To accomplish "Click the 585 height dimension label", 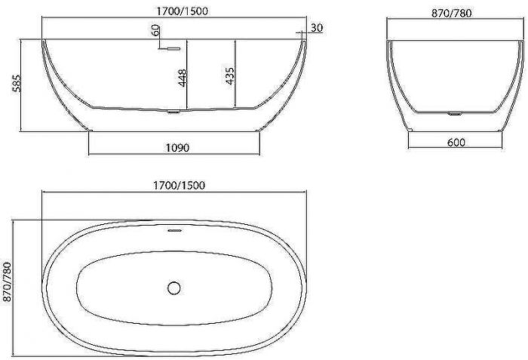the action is pyautogui.click(x=17, y=83).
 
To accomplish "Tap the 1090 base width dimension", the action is pyautogui.click(x=177, y=148).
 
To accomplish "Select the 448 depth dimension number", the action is pyautogui.click(x=183, y=78).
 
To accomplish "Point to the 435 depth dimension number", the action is pyautogui.click(x=230, y=75).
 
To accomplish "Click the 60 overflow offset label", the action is pyautogui.click(x=155, y=30).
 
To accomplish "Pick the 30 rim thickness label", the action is pyautogui.click(x=317, y=28).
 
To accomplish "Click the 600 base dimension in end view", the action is pyautogui.click(x=456, y=143).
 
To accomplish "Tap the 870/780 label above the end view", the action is pyautogui.click(x=452, y=13).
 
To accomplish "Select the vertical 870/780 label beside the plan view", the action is pyautogui.click(x=7, y=282).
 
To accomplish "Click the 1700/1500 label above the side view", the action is pyautogui.click(x=183, y=11).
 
